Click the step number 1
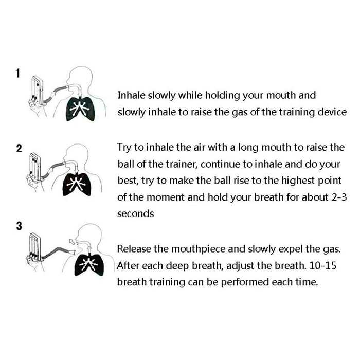pyautogui.click(x=18, y=74)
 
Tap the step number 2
pyautogui.click(x=20, y=149)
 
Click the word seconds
pyautogui.click(x=135, y=213)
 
